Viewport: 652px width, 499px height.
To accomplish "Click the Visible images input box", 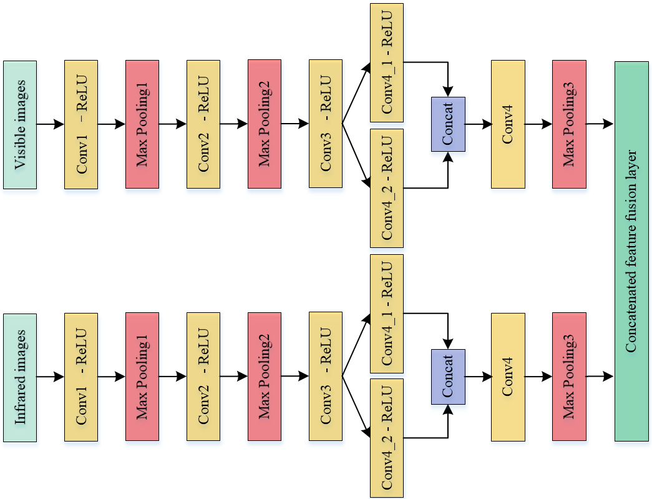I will click(x=20, y=124).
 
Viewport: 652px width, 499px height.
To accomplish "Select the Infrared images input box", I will click(x=20, y=377).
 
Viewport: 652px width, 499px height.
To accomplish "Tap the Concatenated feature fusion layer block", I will click(x=632, y=251).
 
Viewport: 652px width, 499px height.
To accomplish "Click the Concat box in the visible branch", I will click(x=448, y=124).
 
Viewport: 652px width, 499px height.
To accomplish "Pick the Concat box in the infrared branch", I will click(x=448, y=377).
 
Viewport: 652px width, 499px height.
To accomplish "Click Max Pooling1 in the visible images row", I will click(x=142, y=124).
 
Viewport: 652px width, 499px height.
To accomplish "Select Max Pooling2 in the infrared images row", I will click(x=265, y=377).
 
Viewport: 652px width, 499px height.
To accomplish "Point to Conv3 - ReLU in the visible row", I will click(x=326, y=124).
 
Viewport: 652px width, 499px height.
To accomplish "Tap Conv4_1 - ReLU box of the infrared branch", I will click(x=387, y=314).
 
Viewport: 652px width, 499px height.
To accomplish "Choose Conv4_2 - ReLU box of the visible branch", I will click(x=387, y=188).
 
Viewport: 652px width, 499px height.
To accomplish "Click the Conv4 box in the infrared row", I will click(x=508, y=377).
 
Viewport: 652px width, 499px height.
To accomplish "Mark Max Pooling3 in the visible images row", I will click(x=569, y=124).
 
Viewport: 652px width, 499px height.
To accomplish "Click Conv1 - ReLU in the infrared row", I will click(x=81, y=377).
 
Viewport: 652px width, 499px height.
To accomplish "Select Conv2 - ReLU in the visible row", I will click(x=203, y=124).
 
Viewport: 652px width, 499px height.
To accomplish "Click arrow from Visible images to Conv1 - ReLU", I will click(x=51, y=124).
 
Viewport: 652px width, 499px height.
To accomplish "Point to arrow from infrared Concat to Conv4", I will click(x=478, y=377).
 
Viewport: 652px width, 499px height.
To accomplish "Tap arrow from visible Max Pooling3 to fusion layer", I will click(x=600, y=124).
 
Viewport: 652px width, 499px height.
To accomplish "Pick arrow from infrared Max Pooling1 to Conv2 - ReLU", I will click(x=173, y=377).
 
